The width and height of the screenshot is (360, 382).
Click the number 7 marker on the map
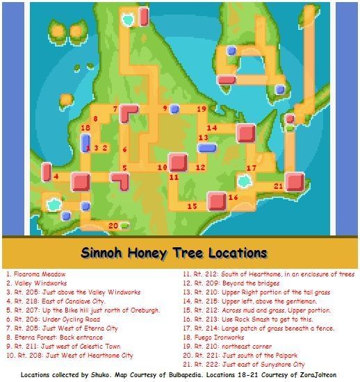(x=115, y=110)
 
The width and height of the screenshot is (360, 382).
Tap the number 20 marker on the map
(x=113, y=225)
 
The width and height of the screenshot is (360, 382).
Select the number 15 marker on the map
(x=192, y=206)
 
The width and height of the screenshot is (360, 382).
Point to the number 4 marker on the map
(x=56, y=176)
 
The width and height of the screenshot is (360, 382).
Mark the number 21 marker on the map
(x=278, y=186)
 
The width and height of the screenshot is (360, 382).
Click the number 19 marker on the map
(x=201, y=109)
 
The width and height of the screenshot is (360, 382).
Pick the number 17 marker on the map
(x=252, y=169)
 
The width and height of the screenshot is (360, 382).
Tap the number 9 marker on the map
(x=165, y=108)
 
